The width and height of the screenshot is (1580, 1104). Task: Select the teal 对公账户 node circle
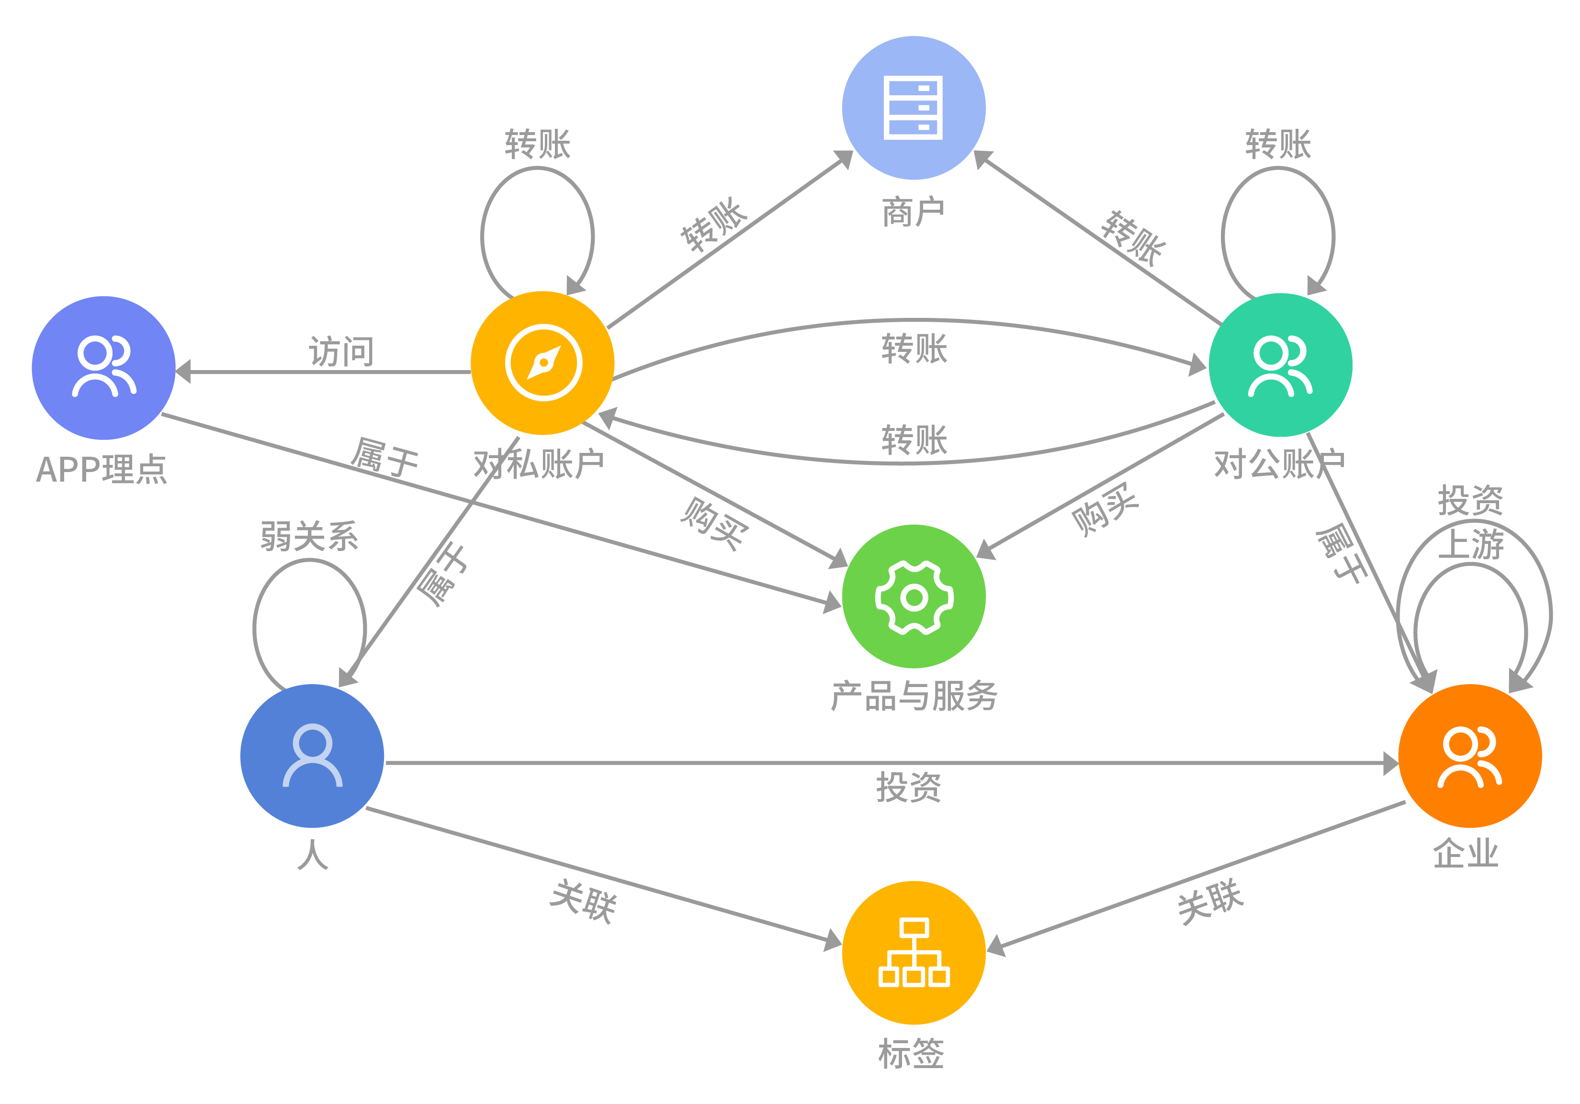1280,413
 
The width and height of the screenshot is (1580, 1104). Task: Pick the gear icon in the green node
914,597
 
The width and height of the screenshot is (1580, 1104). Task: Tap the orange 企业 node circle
1470,805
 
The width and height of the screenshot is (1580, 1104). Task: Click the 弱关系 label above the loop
309,535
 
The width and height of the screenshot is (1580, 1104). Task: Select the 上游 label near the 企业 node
1470,544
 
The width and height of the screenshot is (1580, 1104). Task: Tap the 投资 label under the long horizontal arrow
908,787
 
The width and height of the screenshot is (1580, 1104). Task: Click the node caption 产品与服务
914,695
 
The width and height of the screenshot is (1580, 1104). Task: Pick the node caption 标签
911,1054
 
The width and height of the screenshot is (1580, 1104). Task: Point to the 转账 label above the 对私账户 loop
538,144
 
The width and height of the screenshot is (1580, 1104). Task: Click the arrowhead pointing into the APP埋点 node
183,372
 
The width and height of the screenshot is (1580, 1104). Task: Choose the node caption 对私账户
539,463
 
